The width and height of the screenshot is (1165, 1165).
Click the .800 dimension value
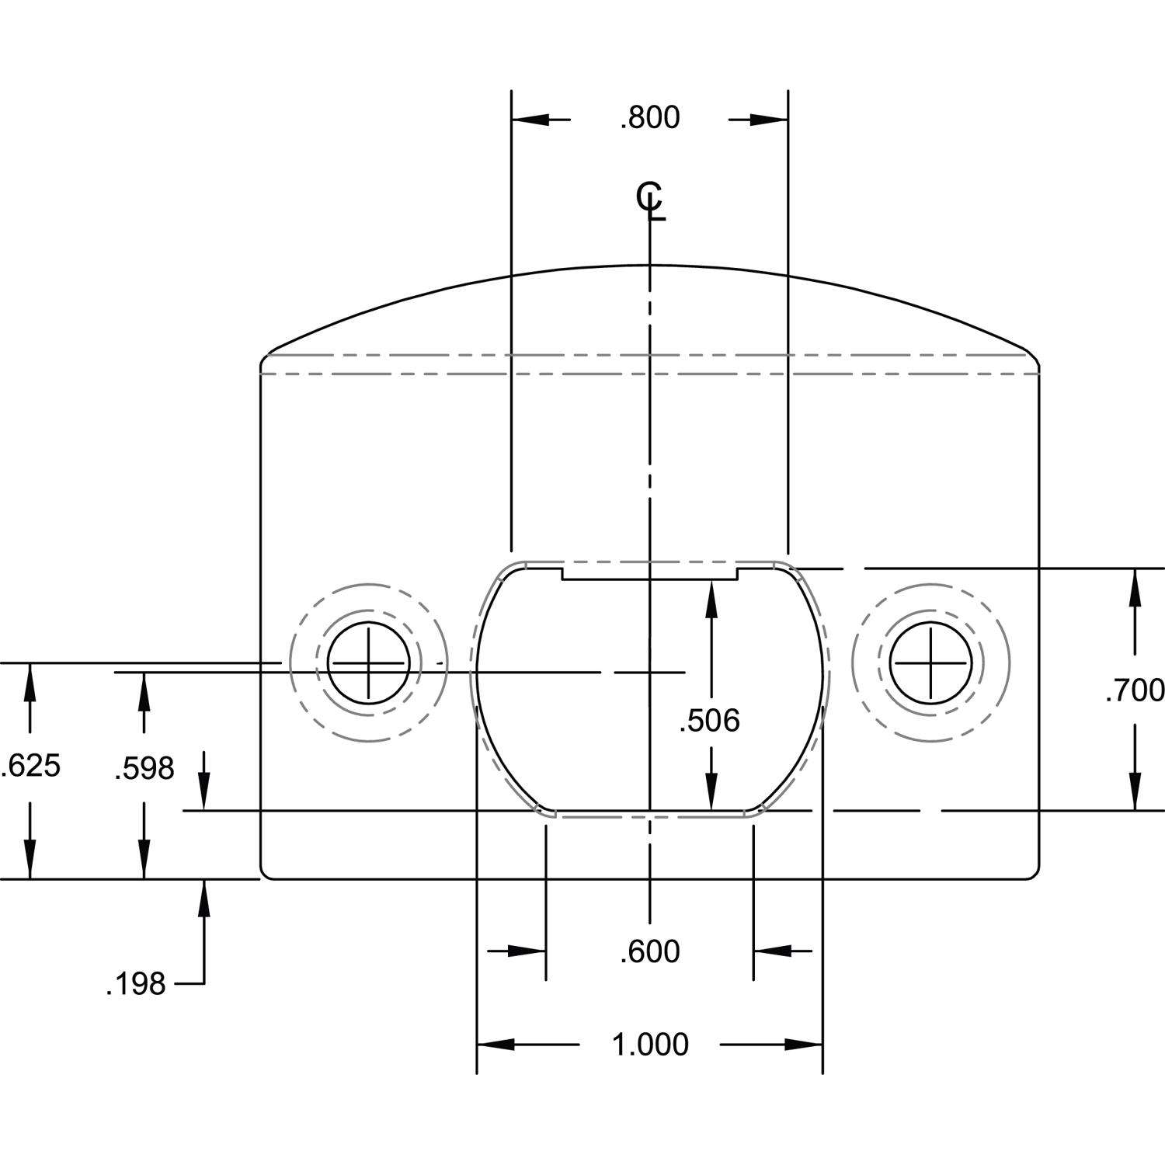pos(649,118)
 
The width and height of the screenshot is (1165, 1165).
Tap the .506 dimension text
pos(709,722)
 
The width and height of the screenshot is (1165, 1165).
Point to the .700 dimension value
pos(1135,690)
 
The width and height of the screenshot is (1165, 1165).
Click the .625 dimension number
pos(30,766)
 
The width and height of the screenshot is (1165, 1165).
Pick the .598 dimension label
pos(144,769)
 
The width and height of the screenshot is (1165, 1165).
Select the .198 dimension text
pos(136,985)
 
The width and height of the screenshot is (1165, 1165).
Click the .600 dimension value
pos(649,951)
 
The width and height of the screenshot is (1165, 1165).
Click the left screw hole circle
pos(369,663)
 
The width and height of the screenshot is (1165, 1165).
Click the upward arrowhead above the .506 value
pos(710,598)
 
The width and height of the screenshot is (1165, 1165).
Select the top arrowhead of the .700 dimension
pos(1135,587)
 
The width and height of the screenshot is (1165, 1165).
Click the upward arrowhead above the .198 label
pos(204,898)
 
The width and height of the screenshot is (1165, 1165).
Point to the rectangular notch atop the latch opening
pos(649,573)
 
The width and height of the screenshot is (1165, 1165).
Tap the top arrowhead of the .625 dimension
pos(30,681)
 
